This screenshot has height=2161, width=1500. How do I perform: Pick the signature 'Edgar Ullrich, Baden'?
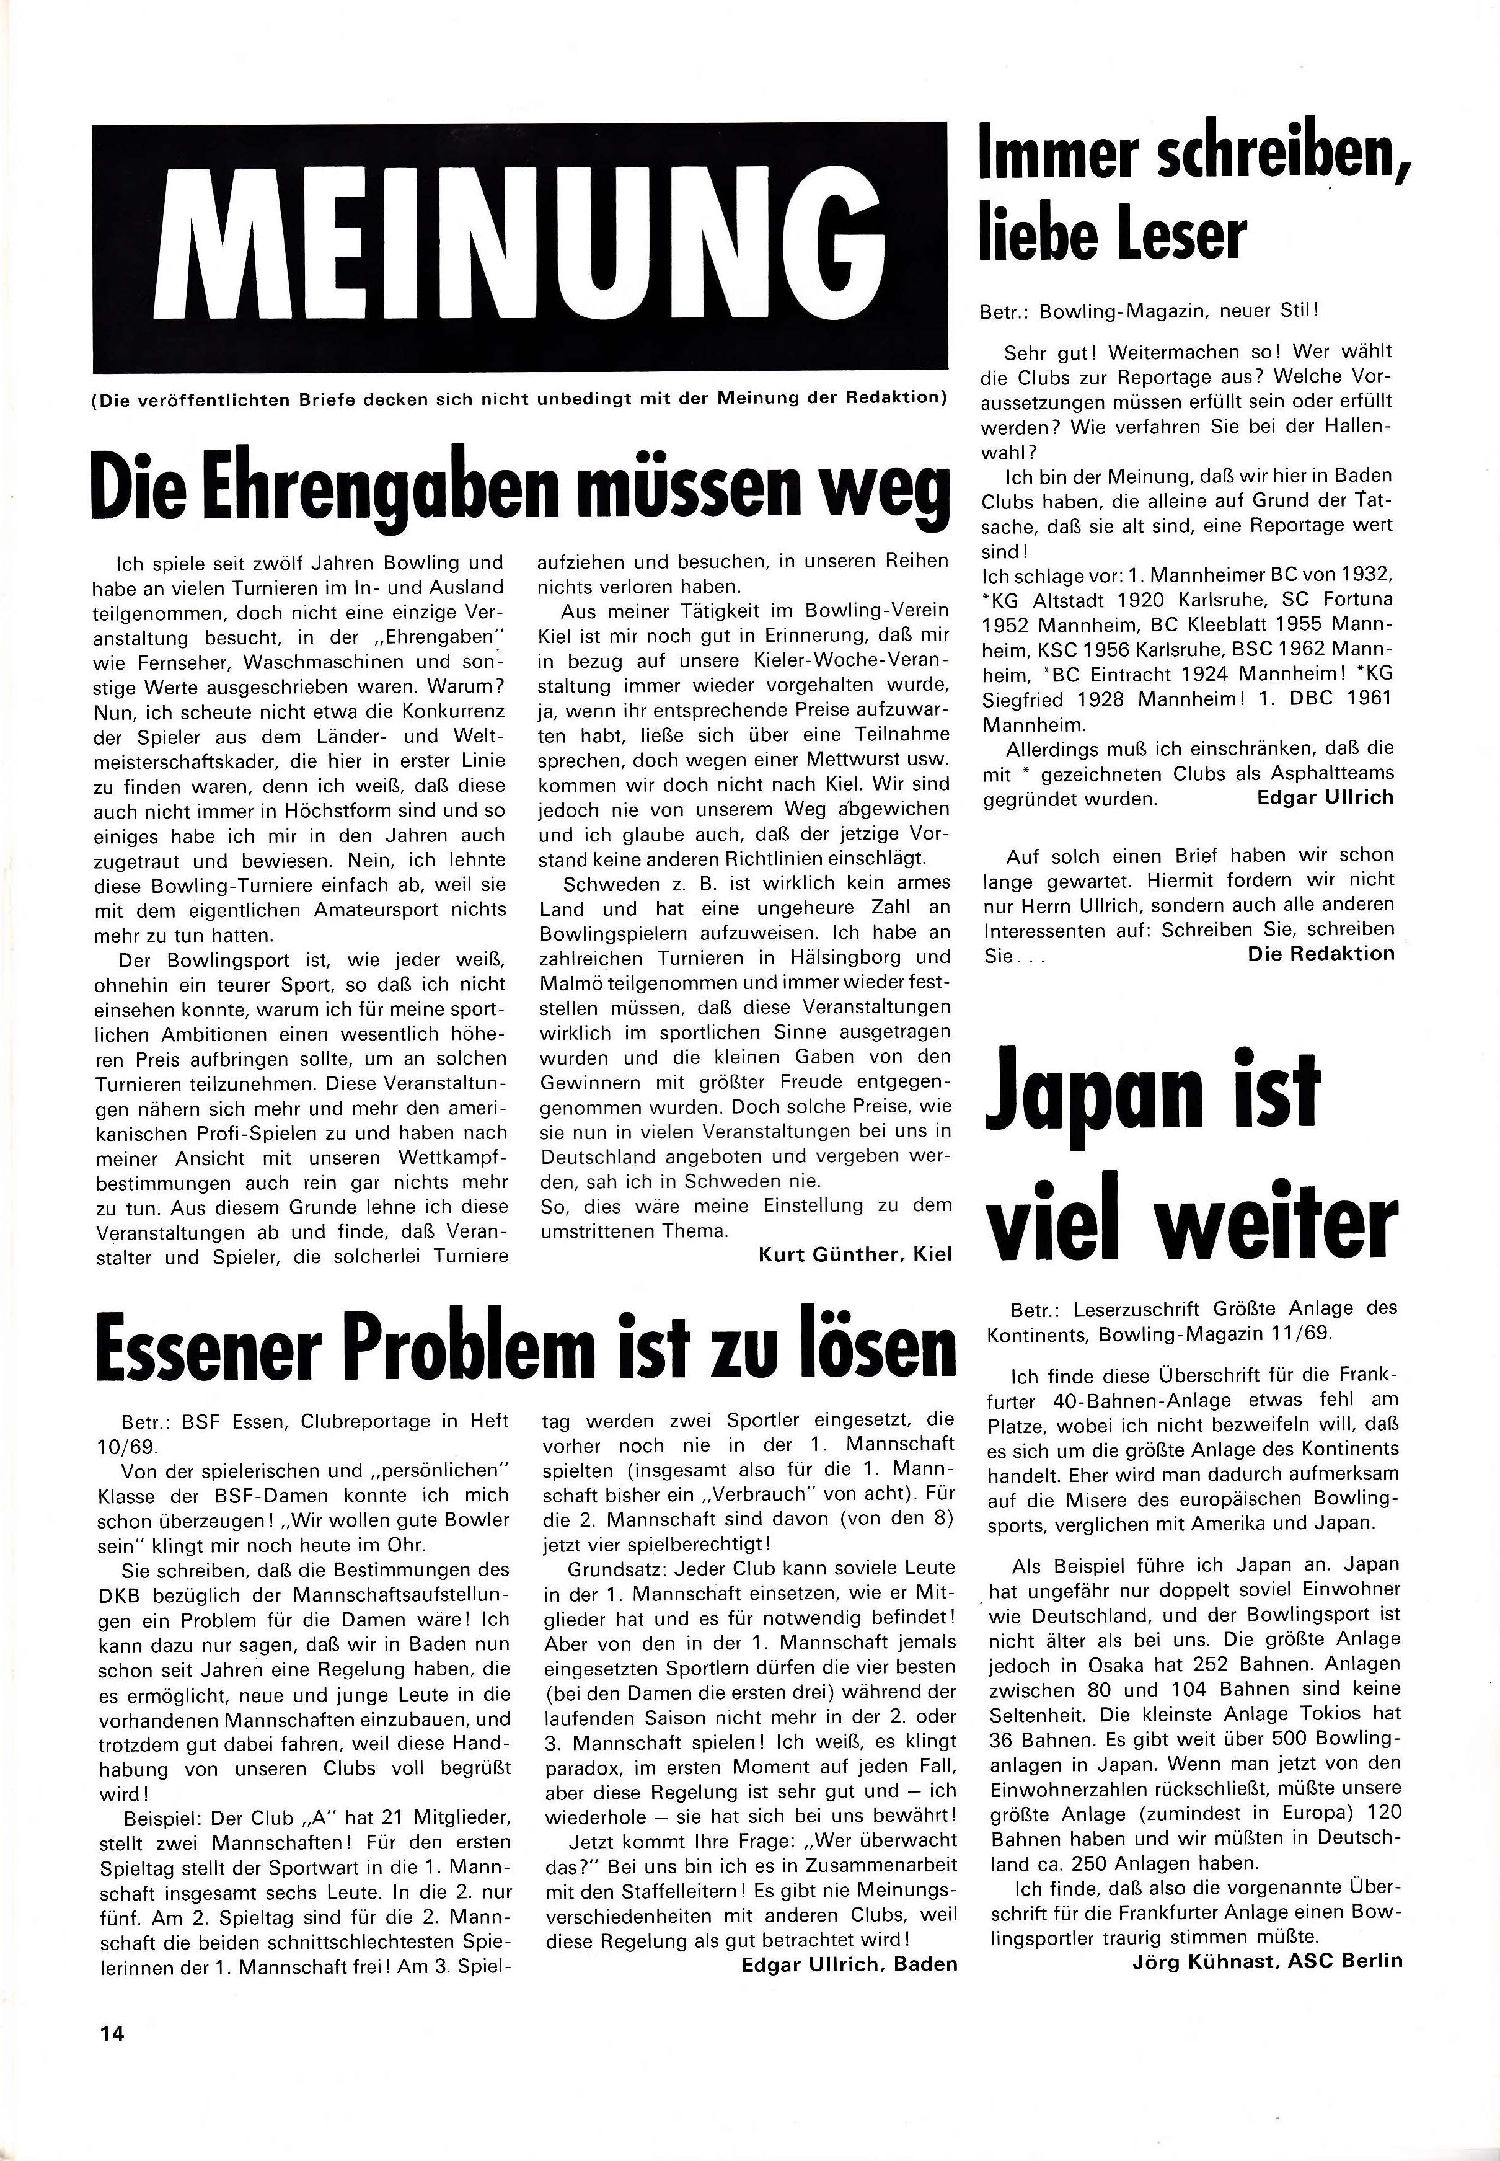click(x=849, y=1964)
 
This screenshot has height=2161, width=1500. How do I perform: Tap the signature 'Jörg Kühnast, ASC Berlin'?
click(x=1267, y=1960)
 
